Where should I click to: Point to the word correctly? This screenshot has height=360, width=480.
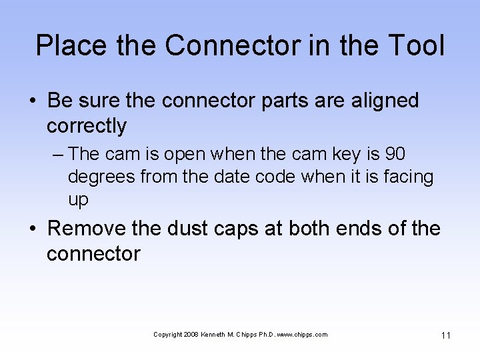[x=87, y=125]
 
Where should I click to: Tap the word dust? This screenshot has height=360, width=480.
[x=187, y=229]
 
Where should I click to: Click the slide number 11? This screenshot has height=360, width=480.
[x=445, y=335]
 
